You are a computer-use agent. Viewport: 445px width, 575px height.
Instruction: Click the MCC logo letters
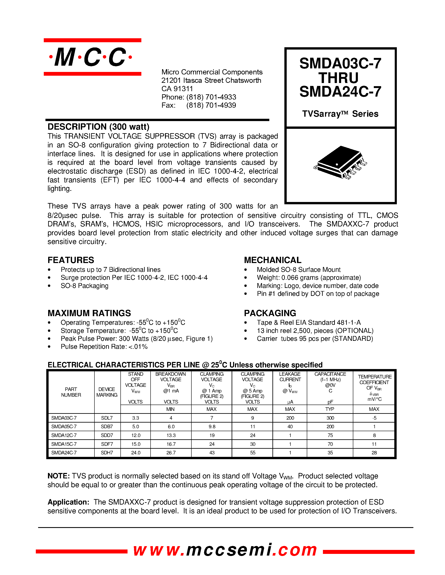(91, 57)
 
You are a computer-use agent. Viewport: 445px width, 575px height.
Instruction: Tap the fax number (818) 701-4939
(211, 105)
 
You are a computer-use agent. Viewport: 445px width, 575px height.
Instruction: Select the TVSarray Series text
(340, 114)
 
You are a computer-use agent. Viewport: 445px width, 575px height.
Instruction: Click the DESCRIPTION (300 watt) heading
(98, 127)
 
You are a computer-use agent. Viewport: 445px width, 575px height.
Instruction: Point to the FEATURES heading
(71, 260)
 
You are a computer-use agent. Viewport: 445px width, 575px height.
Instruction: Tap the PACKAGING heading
(270, 313)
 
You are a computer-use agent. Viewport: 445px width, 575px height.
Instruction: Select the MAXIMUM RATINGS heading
(89, 313)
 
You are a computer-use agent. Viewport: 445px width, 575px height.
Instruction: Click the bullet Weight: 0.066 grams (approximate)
(309, 277)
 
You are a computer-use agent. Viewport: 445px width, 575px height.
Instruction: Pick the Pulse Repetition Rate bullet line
(104, 346)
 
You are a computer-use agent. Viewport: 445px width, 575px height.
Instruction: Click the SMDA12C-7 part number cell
(64, 435)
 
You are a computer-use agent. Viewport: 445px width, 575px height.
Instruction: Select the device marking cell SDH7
(107, 452)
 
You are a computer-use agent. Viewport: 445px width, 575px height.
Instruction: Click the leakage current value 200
(290, 418)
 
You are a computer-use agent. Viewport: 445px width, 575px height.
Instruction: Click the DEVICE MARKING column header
(107, 392)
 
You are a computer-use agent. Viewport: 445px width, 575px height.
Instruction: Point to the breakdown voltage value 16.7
(171, 444)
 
